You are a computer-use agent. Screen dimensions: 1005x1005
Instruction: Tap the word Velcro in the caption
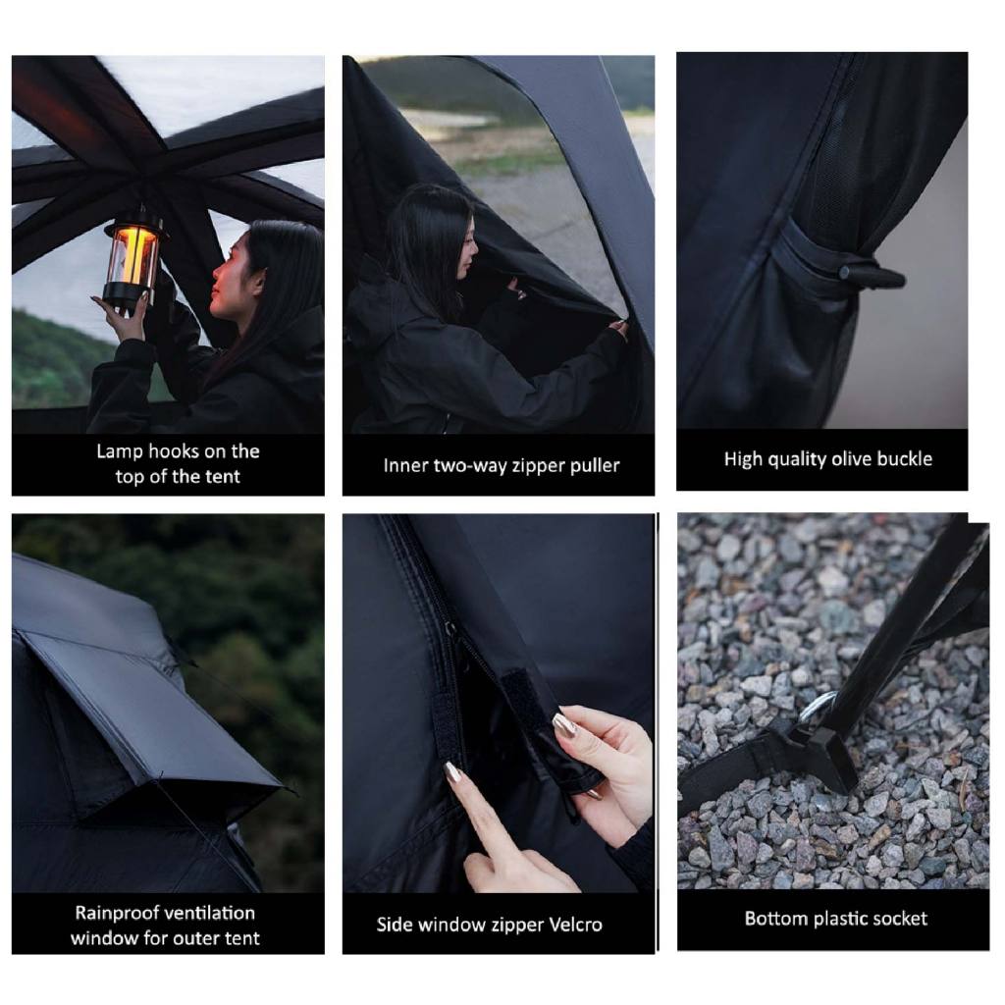572,925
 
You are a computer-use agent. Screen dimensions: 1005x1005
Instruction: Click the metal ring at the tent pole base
817,707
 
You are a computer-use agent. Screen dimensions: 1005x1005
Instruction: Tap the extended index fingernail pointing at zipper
453,772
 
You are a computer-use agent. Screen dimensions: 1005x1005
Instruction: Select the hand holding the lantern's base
128,319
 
